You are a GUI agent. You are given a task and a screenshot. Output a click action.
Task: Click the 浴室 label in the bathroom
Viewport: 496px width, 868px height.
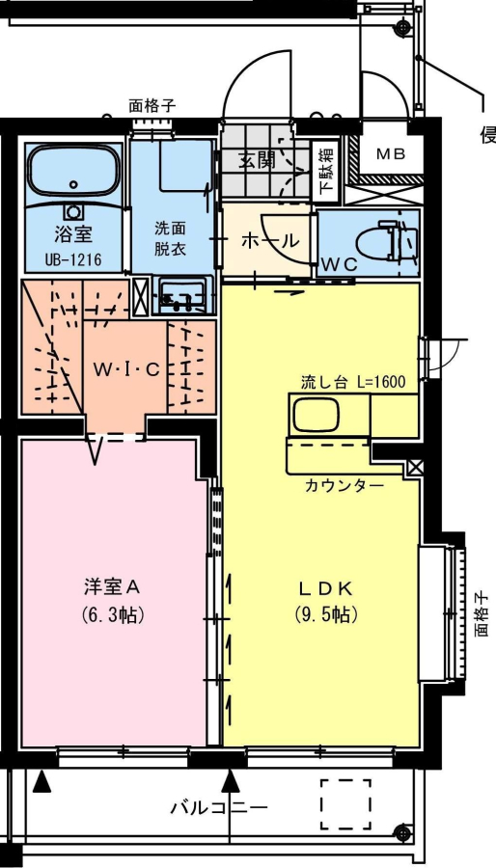73,234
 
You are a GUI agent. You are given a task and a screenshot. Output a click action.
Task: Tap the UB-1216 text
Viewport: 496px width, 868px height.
73,259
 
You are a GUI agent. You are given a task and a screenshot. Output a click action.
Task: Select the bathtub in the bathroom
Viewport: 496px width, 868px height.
73,173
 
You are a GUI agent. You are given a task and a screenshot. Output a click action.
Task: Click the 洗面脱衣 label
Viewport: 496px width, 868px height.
170,238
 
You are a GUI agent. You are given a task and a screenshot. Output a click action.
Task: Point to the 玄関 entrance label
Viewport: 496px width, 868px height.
257,159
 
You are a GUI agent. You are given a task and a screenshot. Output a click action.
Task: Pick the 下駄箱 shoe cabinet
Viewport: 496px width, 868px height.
325,173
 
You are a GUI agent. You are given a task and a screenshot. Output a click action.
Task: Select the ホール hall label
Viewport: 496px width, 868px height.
271,240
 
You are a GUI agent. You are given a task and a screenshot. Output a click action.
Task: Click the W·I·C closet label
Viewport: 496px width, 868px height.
125,368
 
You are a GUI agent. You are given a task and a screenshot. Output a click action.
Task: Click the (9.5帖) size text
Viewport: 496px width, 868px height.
325,614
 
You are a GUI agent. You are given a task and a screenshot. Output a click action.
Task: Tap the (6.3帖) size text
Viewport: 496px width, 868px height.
112,614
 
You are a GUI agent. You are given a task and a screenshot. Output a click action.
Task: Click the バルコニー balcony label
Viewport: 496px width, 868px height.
218,807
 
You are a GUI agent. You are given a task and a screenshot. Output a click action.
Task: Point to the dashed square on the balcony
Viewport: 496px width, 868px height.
346,803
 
